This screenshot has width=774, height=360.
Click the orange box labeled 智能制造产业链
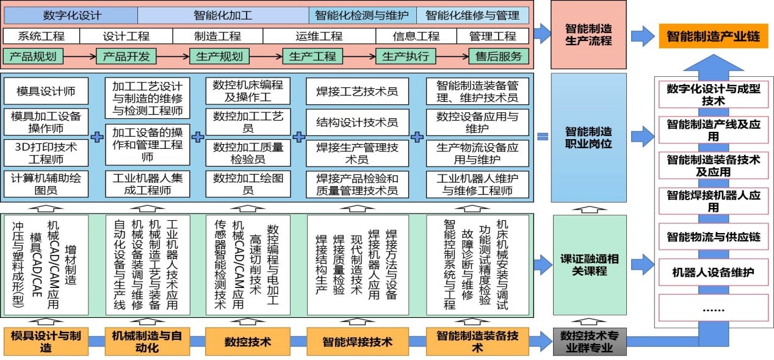(x=712, y=36)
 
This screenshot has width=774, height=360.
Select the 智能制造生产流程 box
(x=588, y=35)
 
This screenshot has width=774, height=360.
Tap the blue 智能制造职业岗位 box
(x=588, y=138)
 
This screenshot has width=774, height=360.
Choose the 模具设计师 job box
(x=46, y=92)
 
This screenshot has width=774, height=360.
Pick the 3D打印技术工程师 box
(x=46, y=153)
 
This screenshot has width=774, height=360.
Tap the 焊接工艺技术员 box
(x=357, y=92)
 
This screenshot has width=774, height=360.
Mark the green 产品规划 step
(x=34, y=57)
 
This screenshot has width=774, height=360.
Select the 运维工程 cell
(x=319, y=36)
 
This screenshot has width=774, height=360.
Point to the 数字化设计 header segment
(x=72, y=15)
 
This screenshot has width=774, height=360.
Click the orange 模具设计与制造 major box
(x=46, y=342)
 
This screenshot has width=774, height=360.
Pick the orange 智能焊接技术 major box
(x=357, y=342)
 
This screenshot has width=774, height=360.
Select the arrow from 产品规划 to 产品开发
(x=79, y=57)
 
